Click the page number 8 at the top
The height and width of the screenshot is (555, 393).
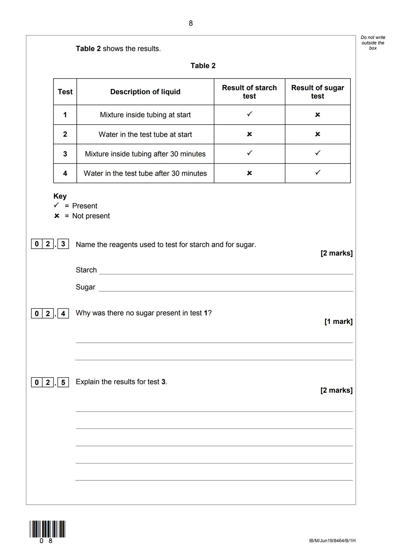[x=191, y=23]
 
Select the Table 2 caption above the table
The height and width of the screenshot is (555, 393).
[x=203, y=66]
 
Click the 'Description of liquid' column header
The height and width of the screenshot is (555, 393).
[x=145, y=92]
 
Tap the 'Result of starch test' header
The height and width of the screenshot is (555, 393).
[x=249, y=92]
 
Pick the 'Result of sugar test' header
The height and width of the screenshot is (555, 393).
[x=317, y=92]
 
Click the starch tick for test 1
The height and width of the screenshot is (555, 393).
[x=249, y=114]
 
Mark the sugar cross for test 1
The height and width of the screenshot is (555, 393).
[x=318, y=115]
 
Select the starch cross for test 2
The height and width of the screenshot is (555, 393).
[x=249, y=134]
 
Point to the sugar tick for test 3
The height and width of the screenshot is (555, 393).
[x=318, y=153]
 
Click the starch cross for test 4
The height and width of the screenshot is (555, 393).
[x=249, y=173]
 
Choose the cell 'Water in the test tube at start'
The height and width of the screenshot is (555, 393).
[x=145, y=134]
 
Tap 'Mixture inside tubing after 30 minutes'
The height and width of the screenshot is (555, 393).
[x=145, y=154]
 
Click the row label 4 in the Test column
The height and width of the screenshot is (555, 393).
[x=65, y=173]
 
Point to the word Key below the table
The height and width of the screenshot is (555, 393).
[x=60, y=196]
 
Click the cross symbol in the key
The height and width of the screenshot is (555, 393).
[x=56, y=216]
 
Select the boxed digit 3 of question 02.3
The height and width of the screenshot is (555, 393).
[x=63, y=244]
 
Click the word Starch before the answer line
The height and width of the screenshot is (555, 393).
[x=86, y=270]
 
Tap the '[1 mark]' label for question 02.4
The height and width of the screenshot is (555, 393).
[x=338, y=322]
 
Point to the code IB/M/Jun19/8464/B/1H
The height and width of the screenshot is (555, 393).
[x=332, y=541]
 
